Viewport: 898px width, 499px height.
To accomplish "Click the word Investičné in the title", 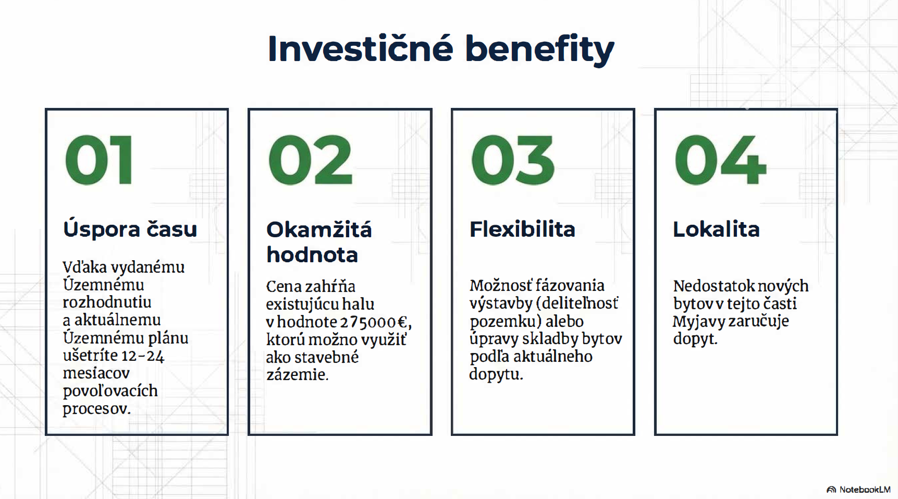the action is tap(361, 48).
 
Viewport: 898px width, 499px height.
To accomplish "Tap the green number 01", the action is tap(99, 160).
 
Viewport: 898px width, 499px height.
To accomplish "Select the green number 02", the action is tap(311, 160).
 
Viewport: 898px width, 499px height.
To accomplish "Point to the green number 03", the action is tap(513, 160).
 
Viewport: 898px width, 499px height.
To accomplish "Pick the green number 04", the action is tap(720, 160).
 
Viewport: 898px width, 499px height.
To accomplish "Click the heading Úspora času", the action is tap(130, 229).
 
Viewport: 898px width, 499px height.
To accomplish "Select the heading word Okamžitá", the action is tap(319, 229).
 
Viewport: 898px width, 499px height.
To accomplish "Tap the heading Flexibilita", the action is tap(522, 229).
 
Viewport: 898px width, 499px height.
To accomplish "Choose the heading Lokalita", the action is tap(716, 229).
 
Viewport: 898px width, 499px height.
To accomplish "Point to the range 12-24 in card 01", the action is tap(142, 356).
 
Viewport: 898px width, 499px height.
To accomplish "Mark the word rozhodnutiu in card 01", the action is tap(107, 302).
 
